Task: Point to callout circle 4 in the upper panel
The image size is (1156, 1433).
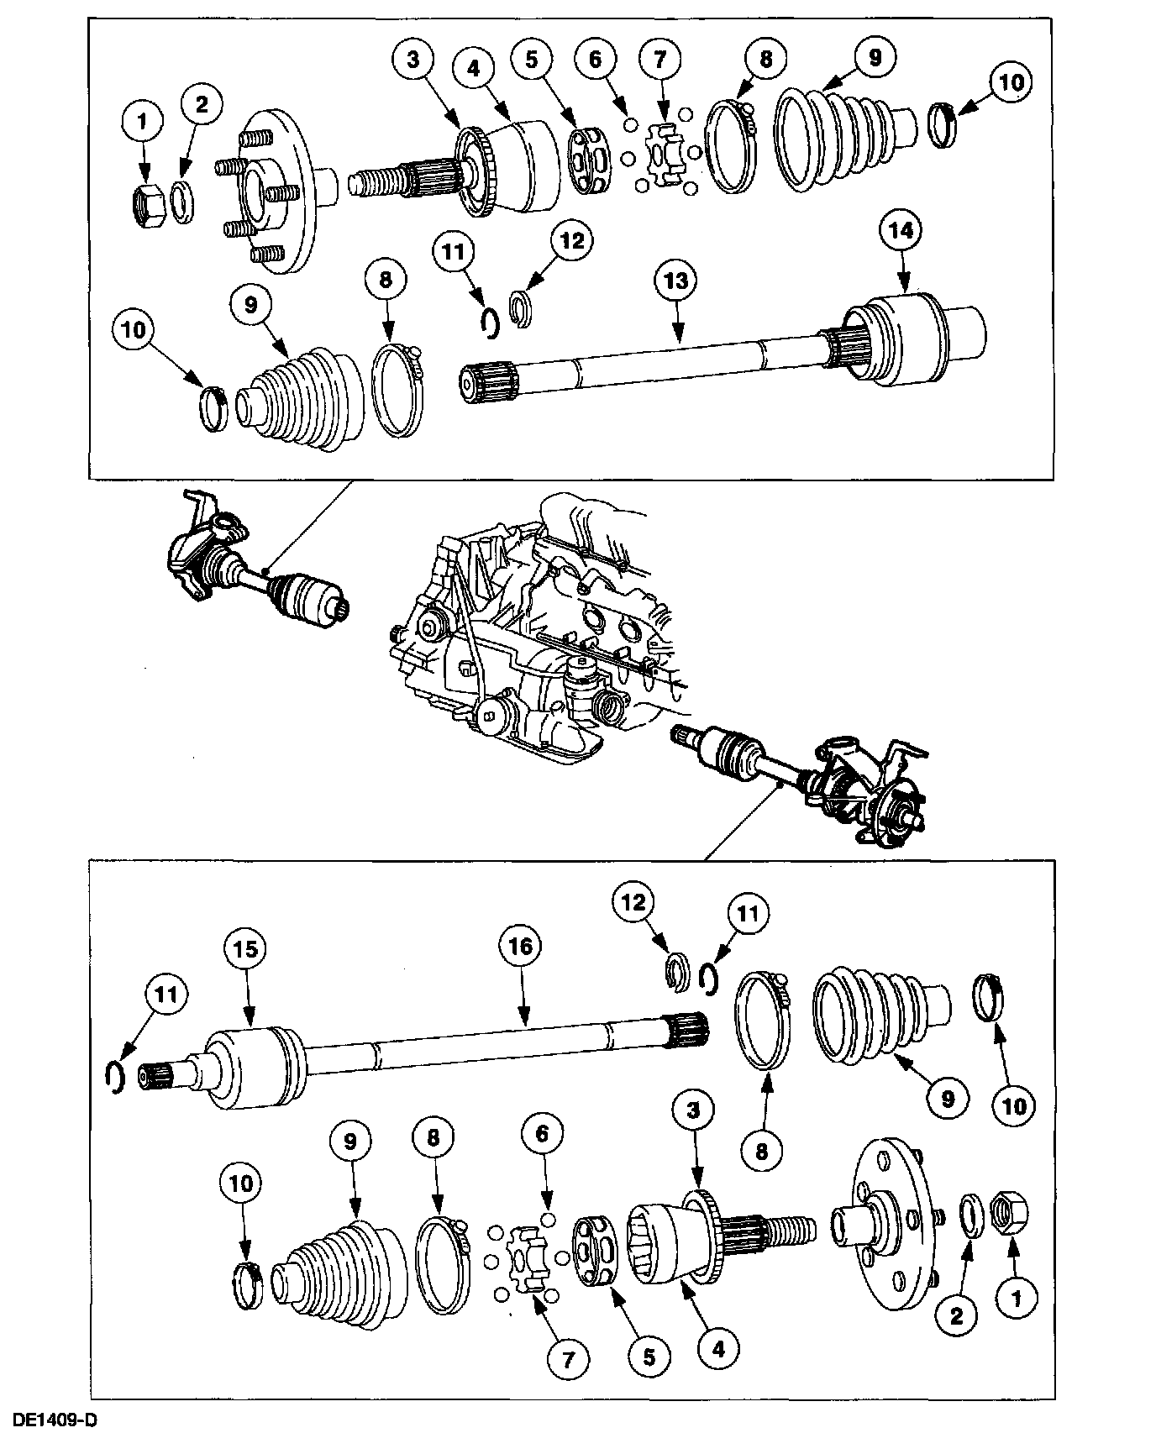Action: click(x=474, y=69)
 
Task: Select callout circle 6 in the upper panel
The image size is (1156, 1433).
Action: click(x=596, y=60)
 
